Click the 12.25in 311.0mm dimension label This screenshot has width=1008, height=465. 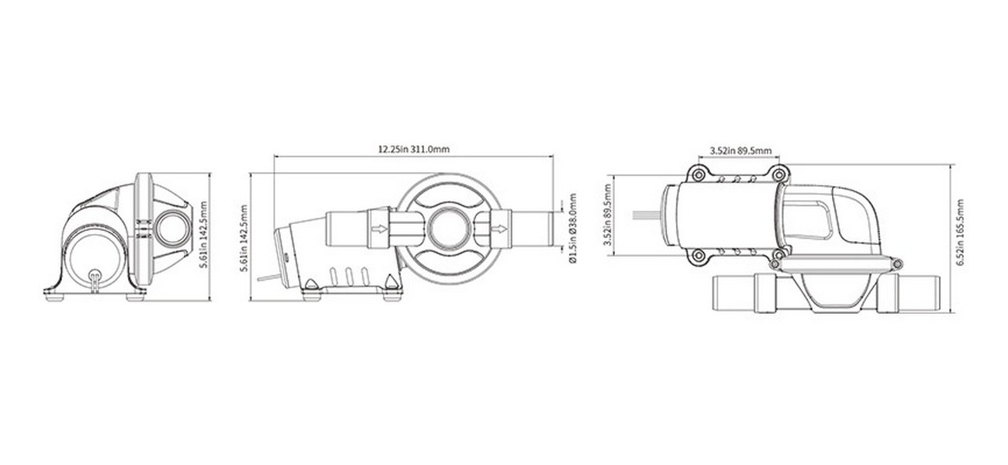tap(413, 149)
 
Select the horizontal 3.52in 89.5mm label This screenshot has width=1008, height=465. tap(740, 150)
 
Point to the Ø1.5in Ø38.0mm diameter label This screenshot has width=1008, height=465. tap(572, 228)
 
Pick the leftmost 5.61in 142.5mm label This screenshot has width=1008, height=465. tap(203, 235)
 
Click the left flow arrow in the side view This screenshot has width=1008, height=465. tap(379, 229)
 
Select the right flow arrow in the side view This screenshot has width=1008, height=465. tap(499, 230)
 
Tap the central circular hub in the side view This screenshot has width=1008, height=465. tap(449, 228)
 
